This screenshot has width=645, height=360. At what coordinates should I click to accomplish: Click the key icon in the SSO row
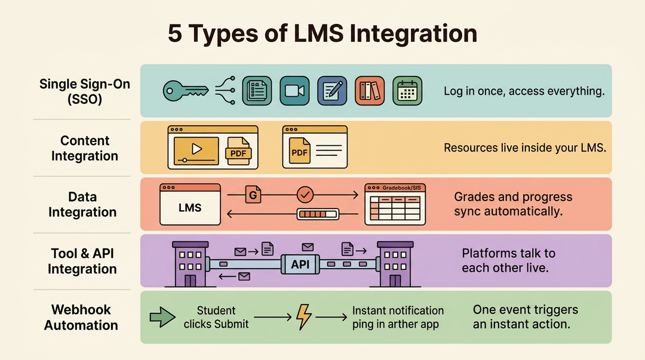185,91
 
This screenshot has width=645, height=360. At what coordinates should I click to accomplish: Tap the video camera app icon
294,91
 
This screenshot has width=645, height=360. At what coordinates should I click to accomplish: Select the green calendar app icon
407,91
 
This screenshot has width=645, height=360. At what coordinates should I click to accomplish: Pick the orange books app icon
370,91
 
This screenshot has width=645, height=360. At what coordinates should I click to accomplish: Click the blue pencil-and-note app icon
332,91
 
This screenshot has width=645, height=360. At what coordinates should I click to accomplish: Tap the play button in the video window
196,149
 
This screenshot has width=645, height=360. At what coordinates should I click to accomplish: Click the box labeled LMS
190,205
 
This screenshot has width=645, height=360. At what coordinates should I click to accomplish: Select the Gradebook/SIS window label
401,188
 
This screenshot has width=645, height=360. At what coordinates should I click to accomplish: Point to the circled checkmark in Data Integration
305,195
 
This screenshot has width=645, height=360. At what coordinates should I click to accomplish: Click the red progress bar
318,214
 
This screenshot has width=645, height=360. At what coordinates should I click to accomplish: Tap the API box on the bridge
300,264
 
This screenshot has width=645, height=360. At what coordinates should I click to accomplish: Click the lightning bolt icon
303,317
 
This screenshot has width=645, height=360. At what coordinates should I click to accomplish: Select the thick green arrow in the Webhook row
162,317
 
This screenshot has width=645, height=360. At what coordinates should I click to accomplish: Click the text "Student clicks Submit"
216,317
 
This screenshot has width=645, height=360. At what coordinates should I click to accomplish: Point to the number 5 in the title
175,33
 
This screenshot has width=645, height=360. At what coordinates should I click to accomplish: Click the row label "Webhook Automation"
81,317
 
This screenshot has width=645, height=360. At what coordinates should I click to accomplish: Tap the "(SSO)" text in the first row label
85,99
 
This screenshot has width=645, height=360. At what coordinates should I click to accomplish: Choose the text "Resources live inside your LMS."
525,147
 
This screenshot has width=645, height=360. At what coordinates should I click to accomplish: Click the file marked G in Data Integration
253,195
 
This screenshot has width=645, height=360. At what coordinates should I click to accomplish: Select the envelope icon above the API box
308,247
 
